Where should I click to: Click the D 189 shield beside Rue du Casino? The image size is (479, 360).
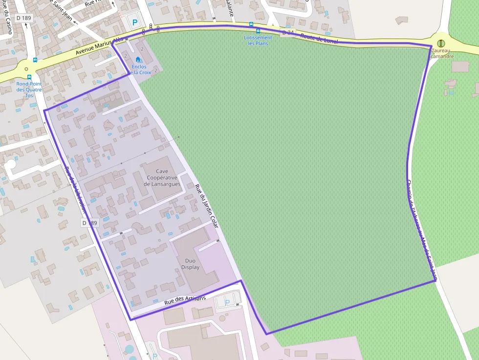pyautogui.click(x=23, y=18)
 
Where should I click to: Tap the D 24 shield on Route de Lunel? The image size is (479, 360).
pyautogui.click(x=288, y=33)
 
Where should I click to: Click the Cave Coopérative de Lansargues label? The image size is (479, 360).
pyautogui.click(x=162, y=178)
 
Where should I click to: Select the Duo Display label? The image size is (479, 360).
pyautogui.click(x=190, y=264)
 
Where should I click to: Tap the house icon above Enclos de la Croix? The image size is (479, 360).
pyautogui.click(x=138, y=60)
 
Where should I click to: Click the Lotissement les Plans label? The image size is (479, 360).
pyautogui.click(x=258, y=41)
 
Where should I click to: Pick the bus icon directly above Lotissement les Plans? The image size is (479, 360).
pyautogui.click(x=258, y=31)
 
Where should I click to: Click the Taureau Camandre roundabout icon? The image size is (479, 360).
pyautogui.click(x=441, y=43)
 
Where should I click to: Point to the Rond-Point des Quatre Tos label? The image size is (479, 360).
pyautogui.click(x=29, y=89)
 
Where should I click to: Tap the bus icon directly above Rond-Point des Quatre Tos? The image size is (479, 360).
pyautogui.click(x=29, y=77)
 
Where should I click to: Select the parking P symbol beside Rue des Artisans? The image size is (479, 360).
pyautogui.click(x=227, y=302)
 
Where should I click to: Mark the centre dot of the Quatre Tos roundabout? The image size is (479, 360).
pyautogui.click(x=26, y=69)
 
